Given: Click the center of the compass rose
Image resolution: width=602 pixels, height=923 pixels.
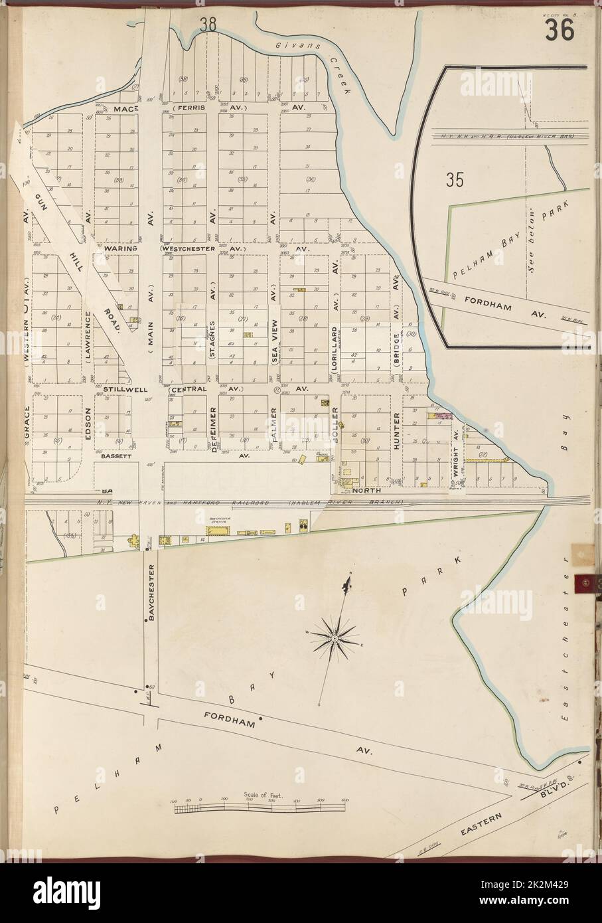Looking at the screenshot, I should point(336,638).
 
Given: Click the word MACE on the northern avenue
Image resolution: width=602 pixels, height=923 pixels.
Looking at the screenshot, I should point(124,108).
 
